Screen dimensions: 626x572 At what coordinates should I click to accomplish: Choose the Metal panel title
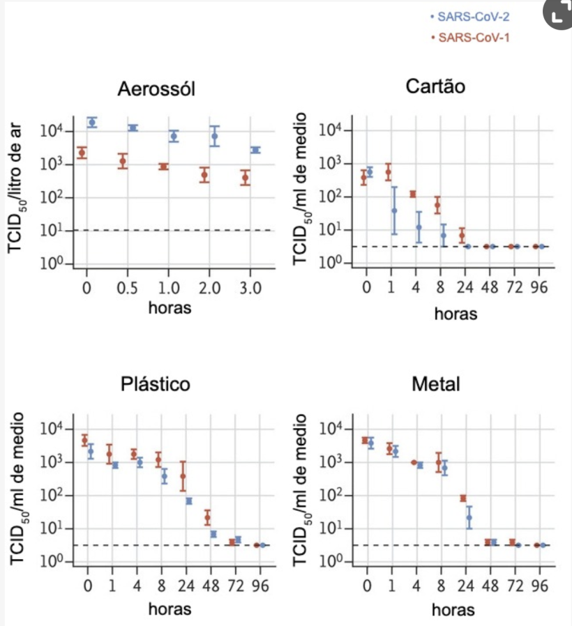pos(435,384)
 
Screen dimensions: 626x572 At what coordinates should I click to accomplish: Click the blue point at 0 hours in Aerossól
pos(91,123)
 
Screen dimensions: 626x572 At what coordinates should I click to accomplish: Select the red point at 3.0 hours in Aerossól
pos(246,178)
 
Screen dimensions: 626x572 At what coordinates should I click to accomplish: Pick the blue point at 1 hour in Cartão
pos(394,210)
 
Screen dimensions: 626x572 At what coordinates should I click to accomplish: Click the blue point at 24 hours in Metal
pos(469,517)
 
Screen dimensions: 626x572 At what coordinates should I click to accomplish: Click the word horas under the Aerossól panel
pos(170,307)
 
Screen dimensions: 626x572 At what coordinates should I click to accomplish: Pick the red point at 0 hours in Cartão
pos(363,178)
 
